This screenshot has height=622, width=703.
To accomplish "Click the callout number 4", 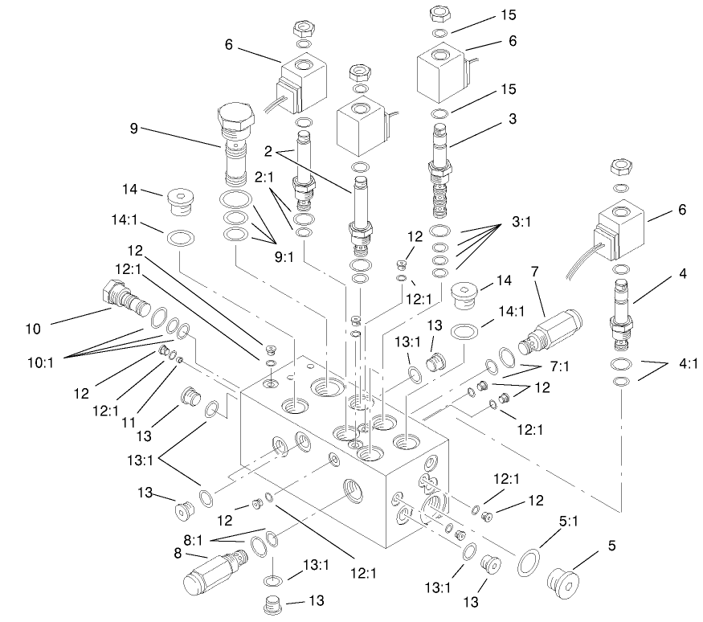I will click(682, 275).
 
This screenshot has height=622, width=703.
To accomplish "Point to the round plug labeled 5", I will click(566, 579).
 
